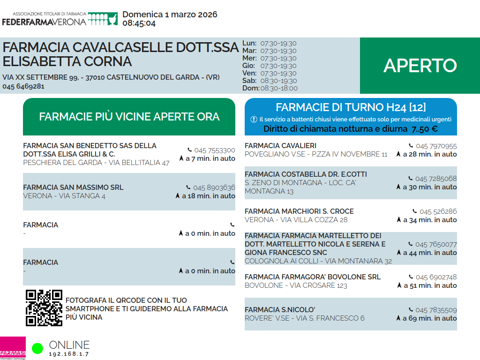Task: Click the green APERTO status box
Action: click(420, 66)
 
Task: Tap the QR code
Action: click(44, 308)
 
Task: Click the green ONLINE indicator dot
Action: click(37, 348)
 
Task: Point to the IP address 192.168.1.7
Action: click(69, 354)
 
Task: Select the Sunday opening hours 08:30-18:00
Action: click(279, 88)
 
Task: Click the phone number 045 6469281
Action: click(23, 86)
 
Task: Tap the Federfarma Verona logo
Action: click(60, 19)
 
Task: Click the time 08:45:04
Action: click(139, 23)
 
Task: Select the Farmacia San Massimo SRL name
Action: click(73, 187)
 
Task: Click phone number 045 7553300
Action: click(214, 150)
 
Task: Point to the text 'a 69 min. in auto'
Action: click(429, 318)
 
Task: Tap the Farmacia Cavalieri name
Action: click(280, 146)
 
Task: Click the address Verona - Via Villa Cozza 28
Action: click(296, 220)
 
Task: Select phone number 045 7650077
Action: click(435, 244)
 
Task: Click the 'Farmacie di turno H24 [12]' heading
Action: click(351, 107)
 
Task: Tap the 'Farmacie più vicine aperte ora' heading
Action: click(129, 117)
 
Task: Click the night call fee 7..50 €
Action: click(425, 129)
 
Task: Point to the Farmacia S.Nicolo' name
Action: click(280, 310)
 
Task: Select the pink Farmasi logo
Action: click(13, 348)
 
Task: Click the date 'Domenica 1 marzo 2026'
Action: click(170, 15)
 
